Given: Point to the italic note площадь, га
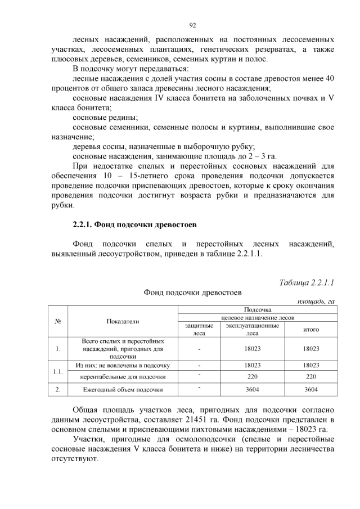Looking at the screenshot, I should click(x=316, y=301).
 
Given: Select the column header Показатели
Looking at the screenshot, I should click(x=123, y=321).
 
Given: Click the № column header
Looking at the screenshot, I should click(x=58, y=321).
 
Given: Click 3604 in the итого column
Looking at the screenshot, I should click(x=311, y=389).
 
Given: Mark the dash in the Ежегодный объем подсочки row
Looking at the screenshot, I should click(x=199, y=389).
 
